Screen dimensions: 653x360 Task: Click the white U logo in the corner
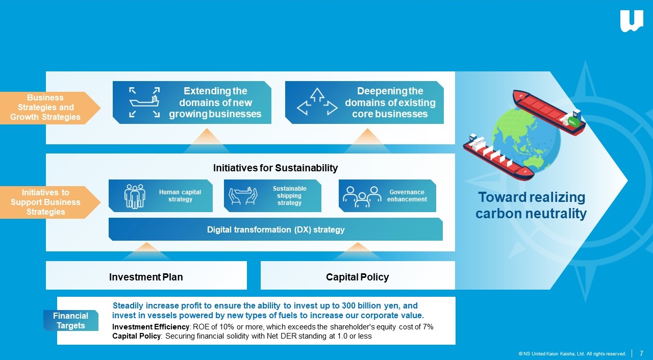click(x=632, y=21)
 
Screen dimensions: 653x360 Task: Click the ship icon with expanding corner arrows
click(x=144, y=102)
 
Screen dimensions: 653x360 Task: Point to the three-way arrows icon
click(x=317, y=102)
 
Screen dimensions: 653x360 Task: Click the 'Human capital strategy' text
click(x=180, y=196)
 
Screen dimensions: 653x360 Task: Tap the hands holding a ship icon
click(x=243, y=196)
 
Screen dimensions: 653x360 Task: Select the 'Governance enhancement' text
click(x=407, y=196)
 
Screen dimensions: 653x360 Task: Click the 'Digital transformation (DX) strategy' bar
click(x=275, y=229)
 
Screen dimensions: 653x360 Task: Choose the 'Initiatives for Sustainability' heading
click(x=275, y=168)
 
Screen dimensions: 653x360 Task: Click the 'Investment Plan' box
click(x=146, y=275)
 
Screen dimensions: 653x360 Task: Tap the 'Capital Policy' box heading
click(x=357, y=277)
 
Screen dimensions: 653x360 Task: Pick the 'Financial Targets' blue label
click(x=71, y=320)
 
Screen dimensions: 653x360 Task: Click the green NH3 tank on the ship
click(x=572, y=122)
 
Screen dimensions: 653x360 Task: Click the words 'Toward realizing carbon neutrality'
click(x=531, y=205)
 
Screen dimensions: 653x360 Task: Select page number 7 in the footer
click(x=641, y=353)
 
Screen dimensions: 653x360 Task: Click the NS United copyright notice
click(x=572, y=353)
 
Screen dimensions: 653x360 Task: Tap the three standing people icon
click(x=134, y=196)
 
